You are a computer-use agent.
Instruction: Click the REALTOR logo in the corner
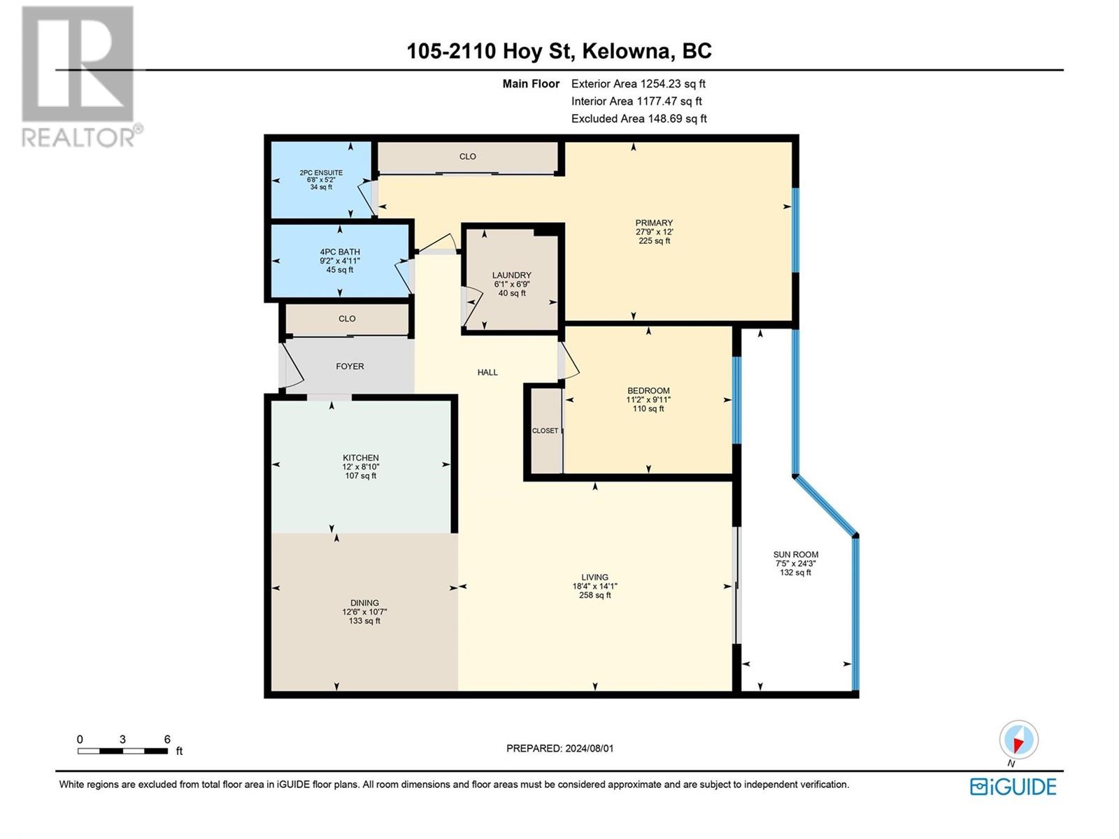[80, 77]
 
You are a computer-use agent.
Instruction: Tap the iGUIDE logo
[1013, 787]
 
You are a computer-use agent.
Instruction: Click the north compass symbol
[1018, 740]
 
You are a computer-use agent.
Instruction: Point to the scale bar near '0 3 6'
[122, 751]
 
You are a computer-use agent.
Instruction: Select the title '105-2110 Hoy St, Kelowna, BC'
[559, 51]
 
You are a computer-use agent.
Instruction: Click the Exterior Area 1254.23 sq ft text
[638, 84]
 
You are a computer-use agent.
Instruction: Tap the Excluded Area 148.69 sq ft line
[639, 119]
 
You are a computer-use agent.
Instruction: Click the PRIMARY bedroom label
[654, 223]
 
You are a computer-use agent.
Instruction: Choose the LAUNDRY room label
[511, 275]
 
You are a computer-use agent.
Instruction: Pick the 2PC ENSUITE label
[321, 173]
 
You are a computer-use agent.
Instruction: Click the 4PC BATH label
[340, 252]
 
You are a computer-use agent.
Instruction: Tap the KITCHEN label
[361, 458]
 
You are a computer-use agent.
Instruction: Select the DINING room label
[364, 603]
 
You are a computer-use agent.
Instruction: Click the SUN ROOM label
[795, 554]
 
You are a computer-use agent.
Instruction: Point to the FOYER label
[350, 366]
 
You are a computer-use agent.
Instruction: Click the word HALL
[487, 373]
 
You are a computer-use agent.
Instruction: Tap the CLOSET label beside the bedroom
[545, 431]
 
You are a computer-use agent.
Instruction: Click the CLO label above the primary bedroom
[467, 157]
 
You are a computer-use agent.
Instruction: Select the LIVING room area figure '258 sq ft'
[594, 596]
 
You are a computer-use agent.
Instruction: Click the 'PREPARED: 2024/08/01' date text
[559, 748]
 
